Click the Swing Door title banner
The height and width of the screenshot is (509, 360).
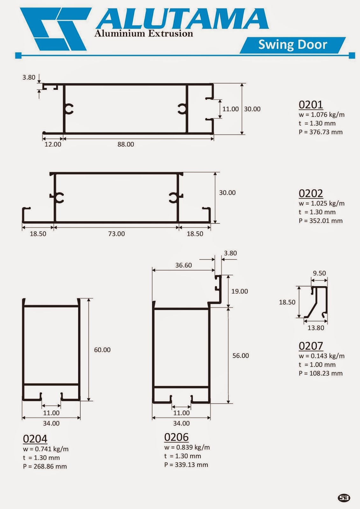[x=293, y=45]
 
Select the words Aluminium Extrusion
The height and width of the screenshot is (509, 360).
[x=144, y=33]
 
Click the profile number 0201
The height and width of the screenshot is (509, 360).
[x=311, y=105]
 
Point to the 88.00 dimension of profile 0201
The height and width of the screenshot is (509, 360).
[x=126, y=144]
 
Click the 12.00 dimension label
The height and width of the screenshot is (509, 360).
[x=53, y=144]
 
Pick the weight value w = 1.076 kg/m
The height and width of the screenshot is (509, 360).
[x=321, y=115]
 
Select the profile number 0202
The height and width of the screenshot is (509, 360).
[x=311, y=193]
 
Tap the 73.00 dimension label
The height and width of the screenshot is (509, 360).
[x=116, y=234]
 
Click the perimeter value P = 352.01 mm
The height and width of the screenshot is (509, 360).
[x=321, y=221]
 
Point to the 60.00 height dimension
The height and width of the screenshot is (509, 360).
[x=102, y=350]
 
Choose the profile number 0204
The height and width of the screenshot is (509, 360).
[x=35, y=439]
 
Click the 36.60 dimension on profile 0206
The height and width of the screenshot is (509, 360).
[x=184, y=265]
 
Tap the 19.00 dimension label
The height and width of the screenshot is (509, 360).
[x=240, y=291]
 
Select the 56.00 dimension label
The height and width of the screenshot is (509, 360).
[x=241, y=356]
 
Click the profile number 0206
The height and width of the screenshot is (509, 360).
[x=176, y=437]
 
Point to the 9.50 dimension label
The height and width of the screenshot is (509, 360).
[x=319, y=273]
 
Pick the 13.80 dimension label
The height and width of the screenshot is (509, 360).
[x=316, y=328]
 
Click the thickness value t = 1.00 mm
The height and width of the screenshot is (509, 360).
[x=317, y=365]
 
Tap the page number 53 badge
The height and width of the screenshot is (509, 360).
[x=344, y=498]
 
